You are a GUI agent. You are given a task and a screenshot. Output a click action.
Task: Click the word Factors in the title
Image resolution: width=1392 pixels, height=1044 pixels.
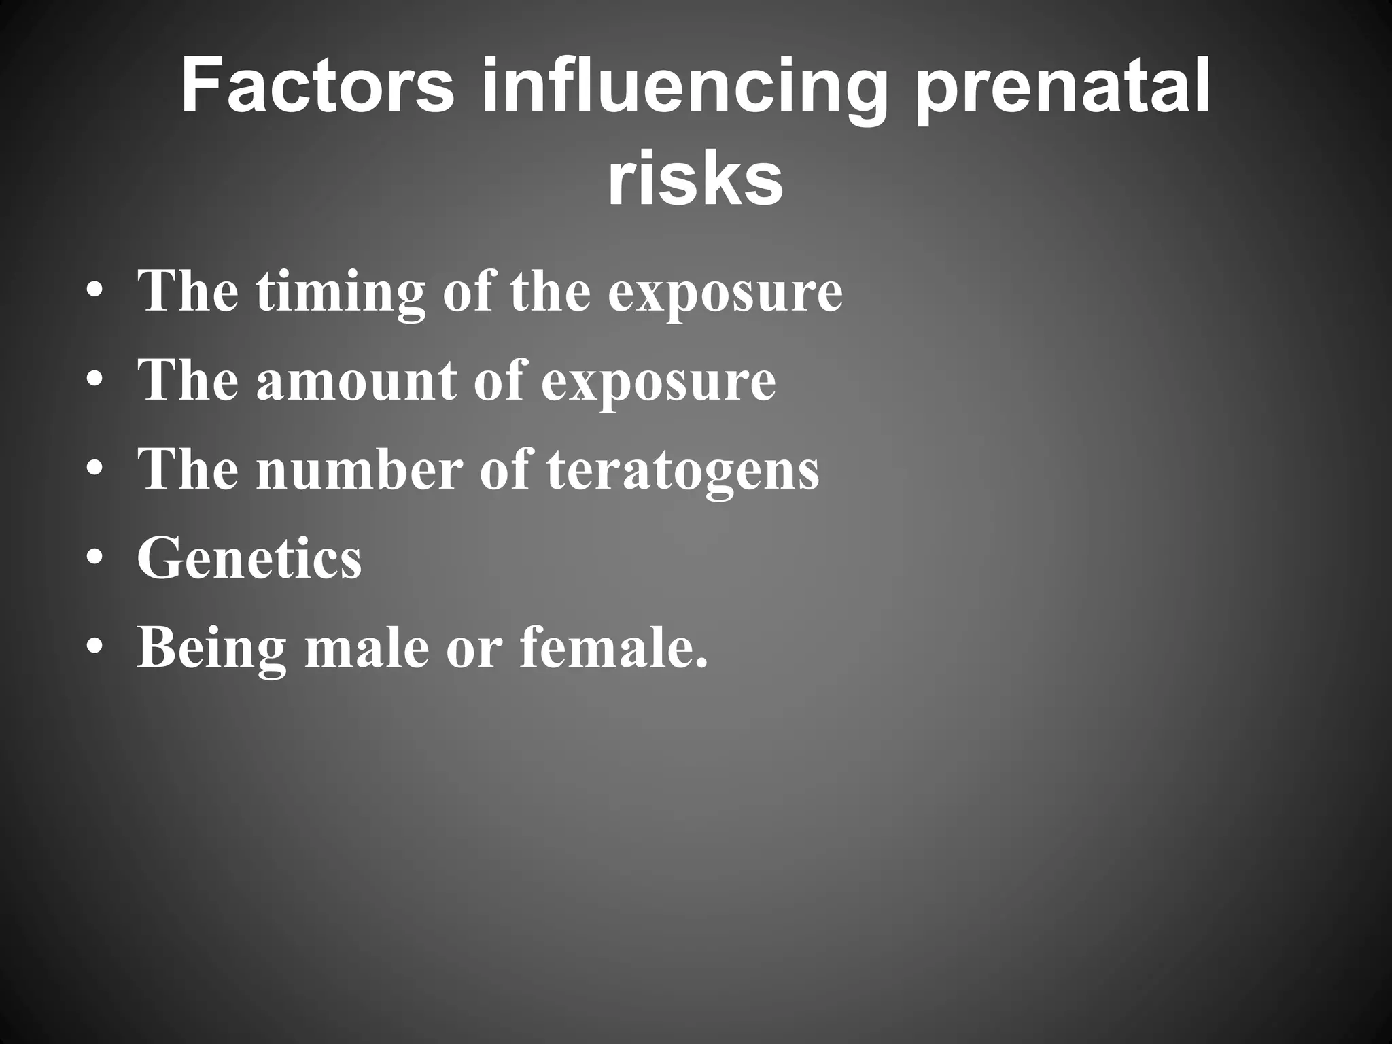317,86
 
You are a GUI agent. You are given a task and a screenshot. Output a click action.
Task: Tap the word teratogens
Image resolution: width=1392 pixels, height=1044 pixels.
683,472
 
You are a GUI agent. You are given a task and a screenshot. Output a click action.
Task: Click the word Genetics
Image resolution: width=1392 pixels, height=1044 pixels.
249,559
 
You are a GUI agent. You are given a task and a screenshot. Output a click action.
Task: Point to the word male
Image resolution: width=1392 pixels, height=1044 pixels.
367,647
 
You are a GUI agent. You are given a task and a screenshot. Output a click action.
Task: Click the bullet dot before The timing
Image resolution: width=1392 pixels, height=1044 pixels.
95,292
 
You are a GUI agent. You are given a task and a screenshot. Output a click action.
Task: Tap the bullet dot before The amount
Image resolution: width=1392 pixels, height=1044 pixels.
95,381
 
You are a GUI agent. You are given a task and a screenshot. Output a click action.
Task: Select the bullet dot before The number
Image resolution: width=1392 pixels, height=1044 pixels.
95,471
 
